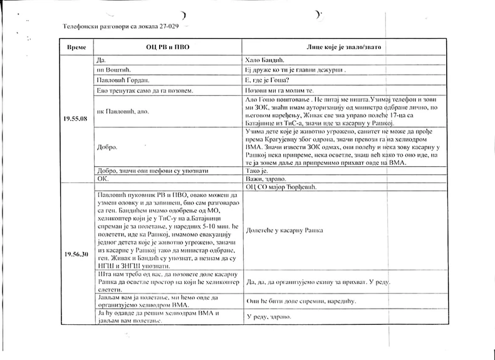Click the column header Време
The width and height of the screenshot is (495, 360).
[x=75, y=47]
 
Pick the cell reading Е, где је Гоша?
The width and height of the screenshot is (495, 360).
[x=269, y=80]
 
